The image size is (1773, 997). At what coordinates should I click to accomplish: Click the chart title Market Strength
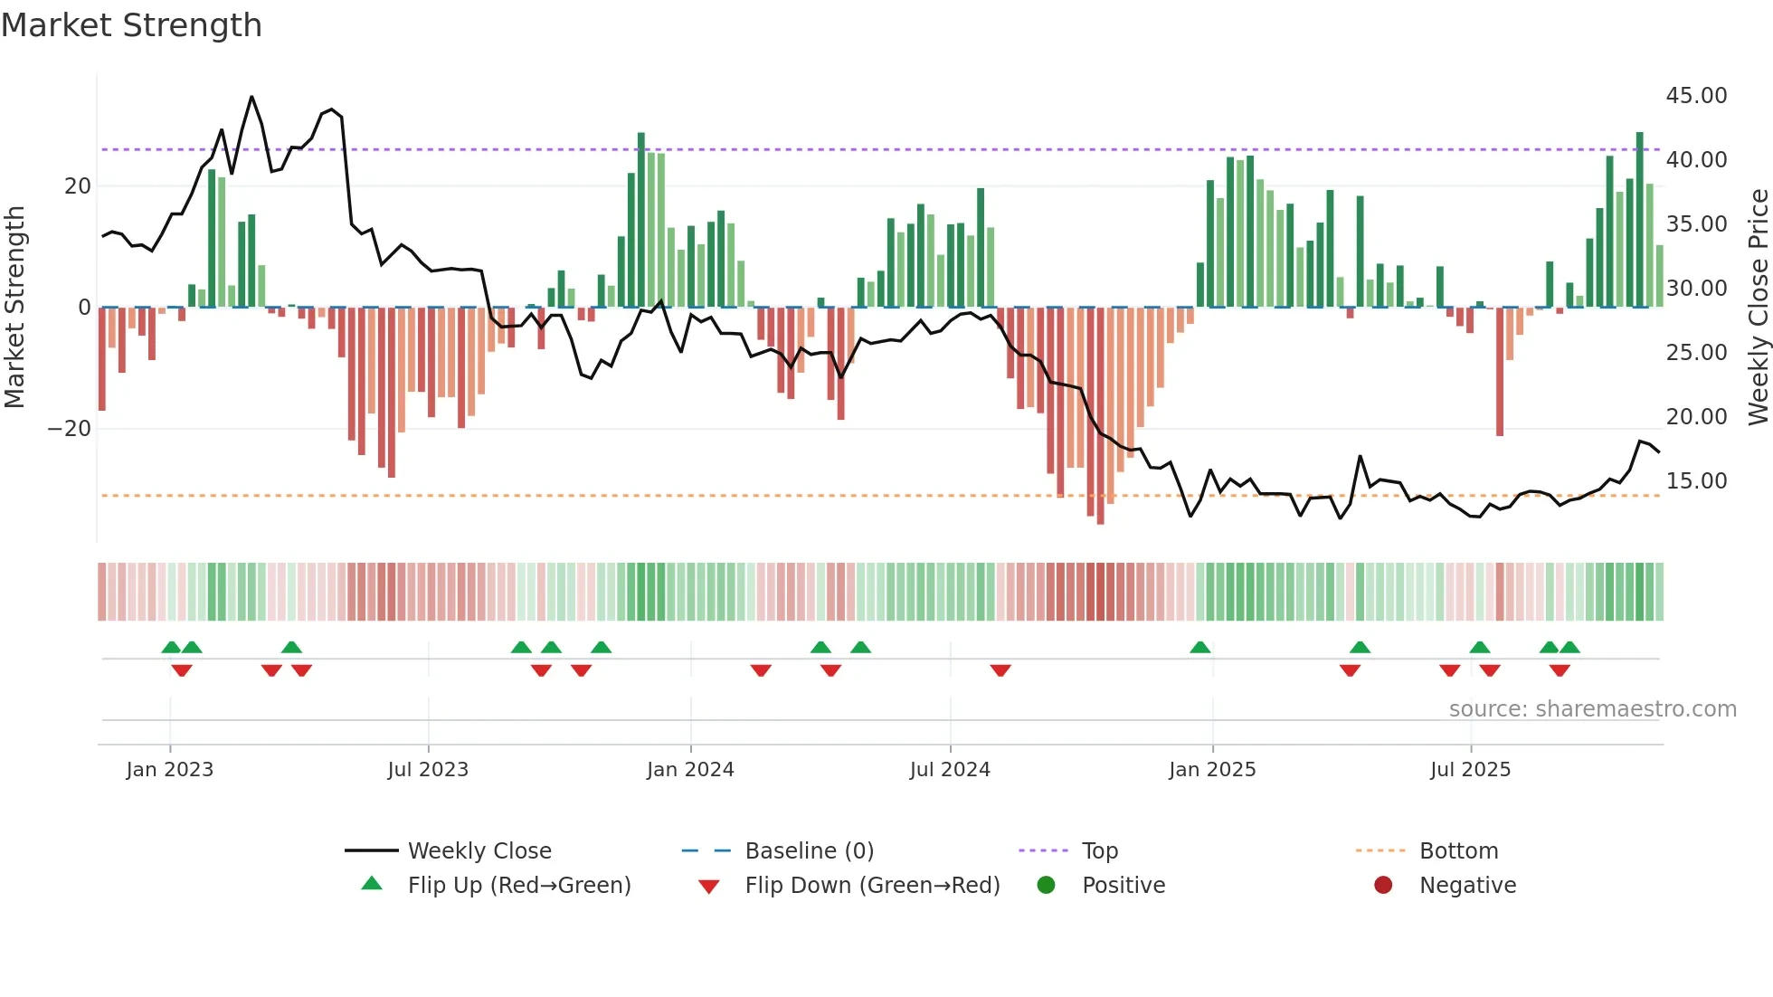(131, 25)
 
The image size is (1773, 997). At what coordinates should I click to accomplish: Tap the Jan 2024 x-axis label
(690, 770)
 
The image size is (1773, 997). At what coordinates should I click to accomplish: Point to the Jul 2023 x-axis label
(428, 770)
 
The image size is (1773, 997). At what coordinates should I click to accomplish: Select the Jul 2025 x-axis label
(1470, 770)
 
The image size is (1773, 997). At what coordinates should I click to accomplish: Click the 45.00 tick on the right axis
(1696, 96)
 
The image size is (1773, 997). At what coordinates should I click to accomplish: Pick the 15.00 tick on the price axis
(1696, 481)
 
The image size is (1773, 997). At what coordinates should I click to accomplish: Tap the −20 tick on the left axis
(70, 429)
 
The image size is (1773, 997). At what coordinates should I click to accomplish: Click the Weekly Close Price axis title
(1758, 308)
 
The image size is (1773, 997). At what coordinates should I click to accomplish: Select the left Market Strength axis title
(14, 308)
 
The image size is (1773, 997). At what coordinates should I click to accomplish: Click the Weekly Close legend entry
(479, 851)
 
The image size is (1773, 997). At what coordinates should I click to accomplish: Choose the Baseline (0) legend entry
(809, 851)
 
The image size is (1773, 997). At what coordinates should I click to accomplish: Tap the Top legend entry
(1099, 851)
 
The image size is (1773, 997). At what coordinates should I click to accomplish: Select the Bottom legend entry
(1458, 851)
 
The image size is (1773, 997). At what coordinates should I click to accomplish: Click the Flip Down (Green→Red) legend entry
(872, 886)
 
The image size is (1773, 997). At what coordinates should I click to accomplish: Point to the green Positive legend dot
(1047, 886)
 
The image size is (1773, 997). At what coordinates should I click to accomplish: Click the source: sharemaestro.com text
(1592, 709)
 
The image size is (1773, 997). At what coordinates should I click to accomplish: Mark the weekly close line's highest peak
(251, 97)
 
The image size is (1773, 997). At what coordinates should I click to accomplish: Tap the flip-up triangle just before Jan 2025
(1200, 648)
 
